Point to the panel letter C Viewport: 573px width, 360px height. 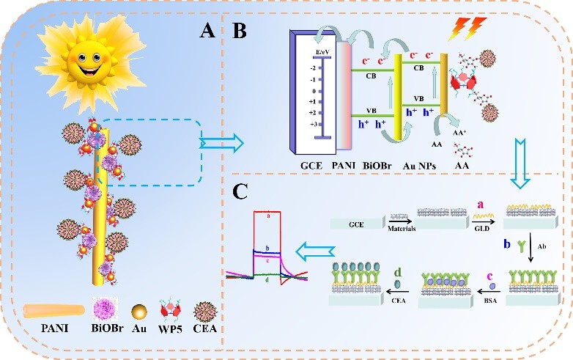tap(241, 191)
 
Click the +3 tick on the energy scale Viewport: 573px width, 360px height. tap(313, 125)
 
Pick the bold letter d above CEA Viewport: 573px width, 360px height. tap(396, 273)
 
